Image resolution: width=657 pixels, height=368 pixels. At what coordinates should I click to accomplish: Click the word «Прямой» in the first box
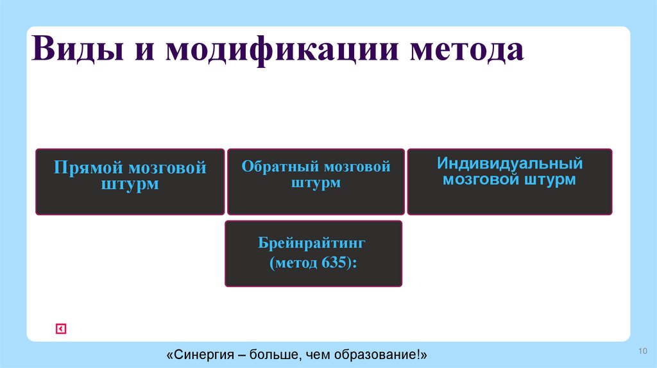click(x=89, y=169)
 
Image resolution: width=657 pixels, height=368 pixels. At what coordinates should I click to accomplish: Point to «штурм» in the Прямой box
click(x=130, y=185)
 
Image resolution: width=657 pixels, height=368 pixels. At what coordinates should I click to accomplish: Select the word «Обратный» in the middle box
click(x=280, y=167)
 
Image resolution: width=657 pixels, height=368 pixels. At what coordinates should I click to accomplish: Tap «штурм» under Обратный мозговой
click(x=316, y=183)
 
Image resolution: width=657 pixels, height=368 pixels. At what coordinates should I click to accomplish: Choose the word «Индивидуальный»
click(x=509, y=163)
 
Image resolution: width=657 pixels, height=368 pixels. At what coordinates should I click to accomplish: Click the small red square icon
click(x=61, y=329)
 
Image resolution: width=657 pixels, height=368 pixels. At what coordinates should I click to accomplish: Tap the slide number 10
click(x=643, y=349)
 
